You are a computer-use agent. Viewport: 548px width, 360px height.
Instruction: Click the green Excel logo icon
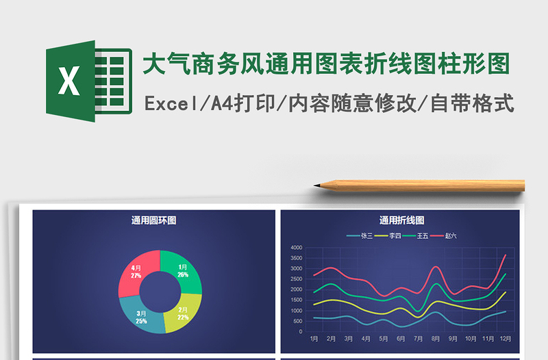pos(88,81)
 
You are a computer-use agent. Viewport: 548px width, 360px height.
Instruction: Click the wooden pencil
pos(425,185)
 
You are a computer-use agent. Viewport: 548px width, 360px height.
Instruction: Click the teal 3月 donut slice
pos(142,317)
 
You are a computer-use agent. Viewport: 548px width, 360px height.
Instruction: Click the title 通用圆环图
pos(154,220)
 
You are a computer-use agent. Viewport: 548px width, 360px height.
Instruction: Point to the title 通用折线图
pos(402,220)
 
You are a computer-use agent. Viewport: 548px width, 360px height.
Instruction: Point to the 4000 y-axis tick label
pos(297,248)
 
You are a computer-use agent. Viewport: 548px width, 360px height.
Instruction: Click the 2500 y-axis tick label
pos(297,279)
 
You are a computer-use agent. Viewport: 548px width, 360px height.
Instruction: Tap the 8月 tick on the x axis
pos(436,339)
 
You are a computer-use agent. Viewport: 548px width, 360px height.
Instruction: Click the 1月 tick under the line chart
pos(314,339)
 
